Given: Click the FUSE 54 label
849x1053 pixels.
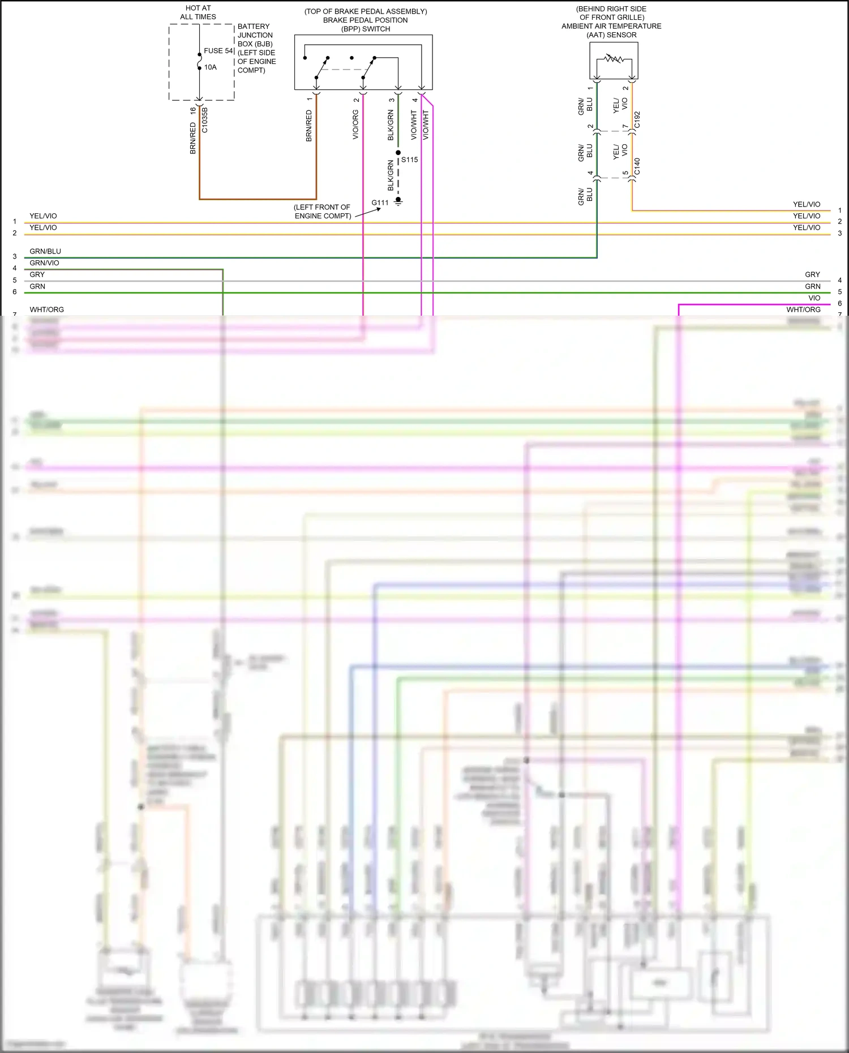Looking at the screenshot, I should tap(218, 51).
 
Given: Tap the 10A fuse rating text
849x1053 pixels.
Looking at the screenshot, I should tap(211, 67).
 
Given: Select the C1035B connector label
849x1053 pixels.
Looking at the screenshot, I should tap(205, 120).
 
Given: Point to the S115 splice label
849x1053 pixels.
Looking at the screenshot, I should tap(410, 160).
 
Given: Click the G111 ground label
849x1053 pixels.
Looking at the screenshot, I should tap(380, 203).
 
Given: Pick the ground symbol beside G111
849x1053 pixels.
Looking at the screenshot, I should tap(398, 201).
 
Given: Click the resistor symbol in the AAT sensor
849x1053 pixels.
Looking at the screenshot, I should tap(614, 58).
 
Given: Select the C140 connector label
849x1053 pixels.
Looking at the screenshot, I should tap(637, 166).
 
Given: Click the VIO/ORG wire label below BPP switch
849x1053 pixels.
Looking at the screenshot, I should tap(355, 125).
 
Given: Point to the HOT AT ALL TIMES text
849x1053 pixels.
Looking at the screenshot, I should tap(198, 12).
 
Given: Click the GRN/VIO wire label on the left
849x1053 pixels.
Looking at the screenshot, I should tap(44, 263).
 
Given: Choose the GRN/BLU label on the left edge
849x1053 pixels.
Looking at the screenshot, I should tap(45, 251).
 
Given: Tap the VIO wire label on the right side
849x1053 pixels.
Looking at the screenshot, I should tap(814, 298).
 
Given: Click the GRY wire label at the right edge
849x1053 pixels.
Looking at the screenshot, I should tap(812, 274).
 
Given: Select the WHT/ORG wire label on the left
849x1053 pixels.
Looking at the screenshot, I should tap(47, 310).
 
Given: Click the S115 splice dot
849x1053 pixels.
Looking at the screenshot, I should tap(398, 153).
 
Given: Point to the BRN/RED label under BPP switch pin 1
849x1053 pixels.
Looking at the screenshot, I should tap(309, 126).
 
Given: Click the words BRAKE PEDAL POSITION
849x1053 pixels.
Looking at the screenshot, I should tap(365, 20).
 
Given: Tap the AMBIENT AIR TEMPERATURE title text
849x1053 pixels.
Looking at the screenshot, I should tap(611, 26).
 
